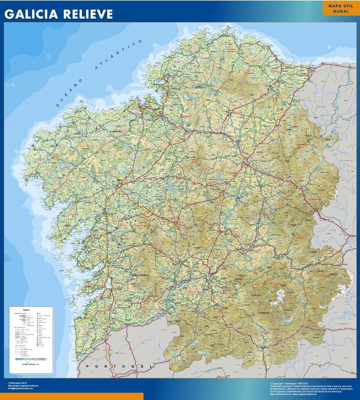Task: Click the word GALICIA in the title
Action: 30,14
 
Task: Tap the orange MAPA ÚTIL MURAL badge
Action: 340,8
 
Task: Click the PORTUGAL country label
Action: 117,366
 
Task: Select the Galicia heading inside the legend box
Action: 26,310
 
